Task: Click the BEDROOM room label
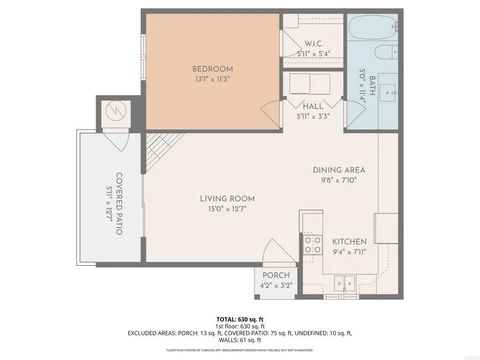click(212, 69)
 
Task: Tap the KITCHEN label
click(349, 242)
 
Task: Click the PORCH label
click(276, 276)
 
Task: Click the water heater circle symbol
click(116, 111)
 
